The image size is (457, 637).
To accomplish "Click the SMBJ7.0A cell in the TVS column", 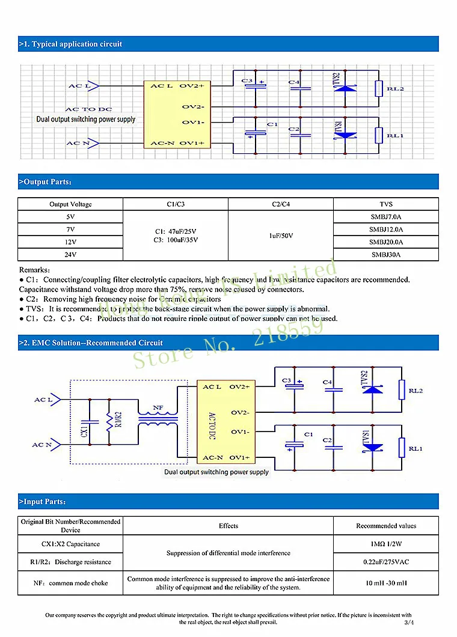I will [x=385, y=217].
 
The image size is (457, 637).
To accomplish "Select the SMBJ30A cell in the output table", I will [x=385, y=255].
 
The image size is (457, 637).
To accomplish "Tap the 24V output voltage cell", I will [x=70, y=255].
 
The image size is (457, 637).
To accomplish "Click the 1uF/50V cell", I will [x=281, y=236].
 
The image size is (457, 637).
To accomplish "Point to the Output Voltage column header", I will [x=70, y=204].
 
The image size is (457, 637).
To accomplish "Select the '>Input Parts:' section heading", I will [x=43, y=501].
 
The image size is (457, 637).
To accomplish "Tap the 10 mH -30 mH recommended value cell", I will [x=385, y=583].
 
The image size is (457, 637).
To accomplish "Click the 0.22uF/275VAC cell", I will [x=385, y=562].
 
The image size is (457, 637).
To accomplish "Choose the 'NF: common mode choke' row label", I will [x=70, y=583].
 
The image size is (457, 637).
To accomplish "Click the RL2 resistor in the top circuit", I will [x=378, y=89].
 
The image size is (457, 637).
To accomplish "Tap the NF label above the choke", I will [x=158, y=408].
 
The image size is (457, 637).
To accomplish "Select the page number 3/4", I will [x=409, y=623].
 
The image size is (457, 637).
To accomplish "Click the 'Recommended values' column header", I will [x=385, y=526].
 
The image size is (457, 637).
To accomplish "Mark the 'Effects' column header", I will [x=228, y=526].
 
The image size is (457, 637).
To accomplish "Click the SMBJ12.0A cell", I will [x=385, y=230].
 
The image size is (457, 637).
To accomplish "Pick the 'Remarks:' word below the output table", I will [x=35, y=270].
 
